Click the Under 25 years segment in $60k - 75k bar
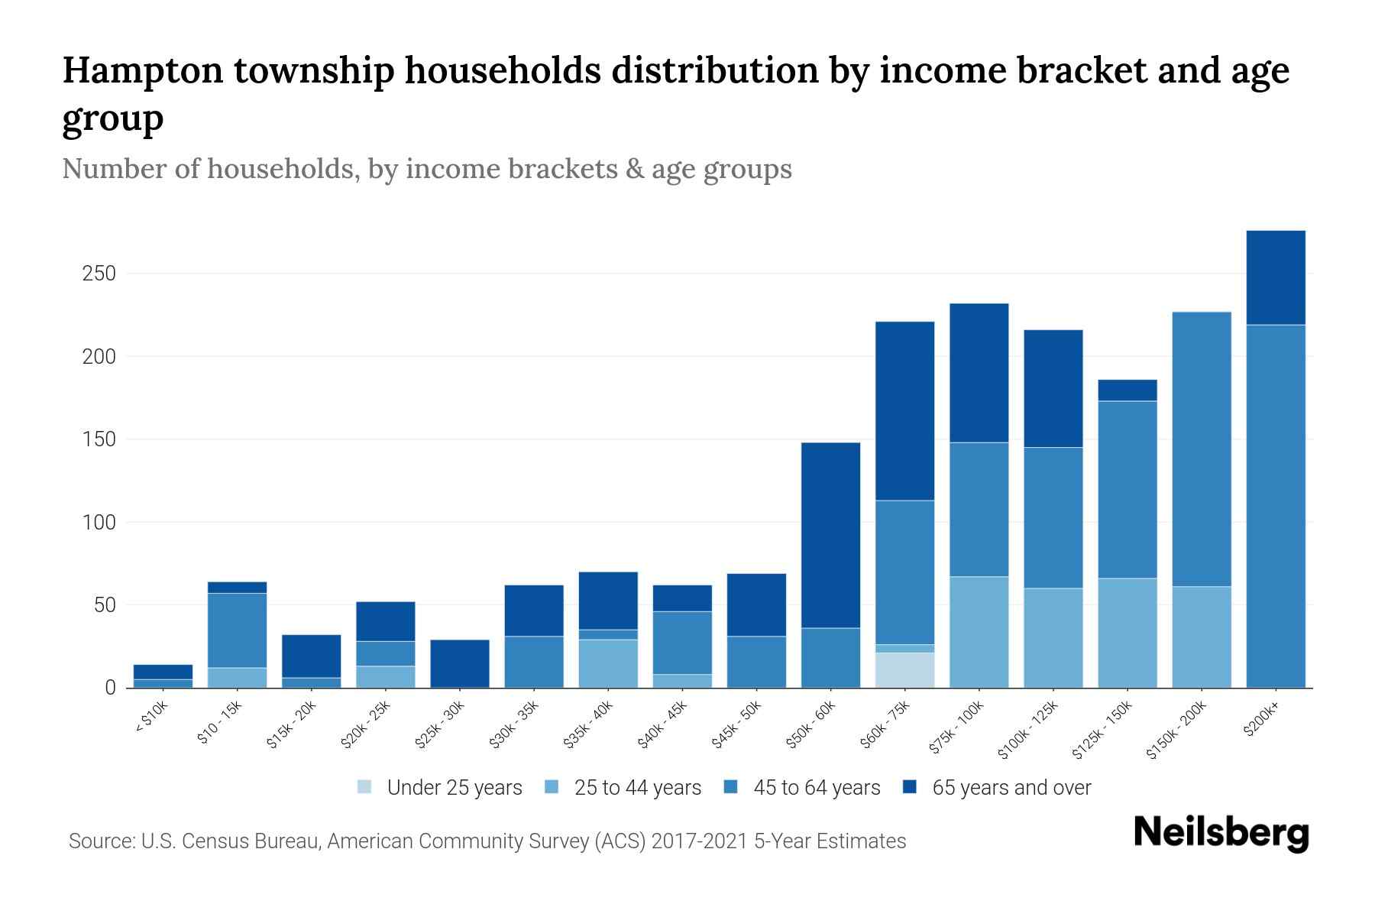(904, 670)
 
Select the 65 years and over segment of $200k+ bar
(1275, 277)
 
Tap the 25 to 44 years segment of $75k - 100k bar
(979, 632)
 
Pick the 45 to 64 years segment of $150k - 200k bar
(1201, 449)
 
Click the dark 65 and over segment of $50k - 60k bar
(830, 535)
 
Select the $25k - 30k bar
(459, 663)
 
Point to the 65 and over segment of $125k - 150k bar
(1127, 390)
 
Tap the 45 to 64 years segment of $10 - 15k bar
(237, 630)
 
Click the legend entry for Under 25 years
(455, 788)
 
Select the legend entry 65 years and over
(1011, 788)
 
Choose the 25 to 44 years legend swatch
(552, 787)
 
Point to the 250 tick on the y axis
(99, 274)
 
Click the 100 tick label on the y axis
(99, 523)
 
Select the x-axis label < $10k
(151, 718)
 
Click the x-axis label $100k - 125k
(1028, 731)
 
